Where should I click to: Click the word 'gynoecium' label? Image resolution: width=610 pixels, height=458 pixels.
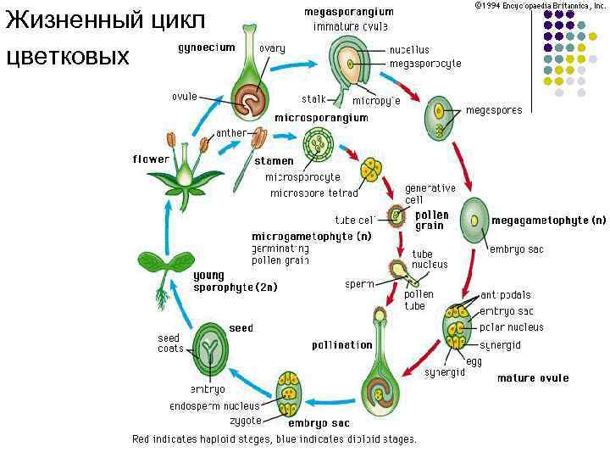point(206,47)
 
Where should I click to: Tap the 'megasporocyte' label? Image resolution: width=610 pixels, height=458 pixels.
point(425,64)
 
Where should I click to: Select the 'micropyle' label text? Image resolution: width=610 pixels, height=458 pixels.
point(375,102)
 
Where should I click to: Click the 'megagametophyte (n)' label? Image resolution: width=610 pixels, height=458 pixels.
point(549,220)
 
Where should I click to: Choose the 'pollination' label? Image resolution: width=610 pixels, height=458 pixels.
point(341,345)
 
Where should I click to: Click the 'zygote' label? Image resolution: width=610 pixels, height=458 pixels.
point(245,420)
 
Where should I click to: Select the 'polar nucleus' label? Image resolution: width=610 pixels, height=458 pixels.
point(511,327)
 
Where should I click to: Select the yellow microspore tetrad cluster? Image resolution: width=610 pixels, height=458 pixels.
point(371,169)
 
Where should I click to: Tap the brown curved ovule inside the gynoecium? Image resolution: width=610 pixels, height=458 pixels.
point(250,101)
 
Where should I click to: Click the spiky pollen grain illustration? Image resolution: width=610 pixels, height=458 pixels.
point(396,215)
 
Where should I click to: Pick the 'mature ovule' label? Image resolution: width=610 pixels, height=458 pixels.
point(532,378)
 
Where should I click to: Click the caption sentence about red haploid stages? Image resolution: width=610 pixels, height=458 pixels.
point(274,438)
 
